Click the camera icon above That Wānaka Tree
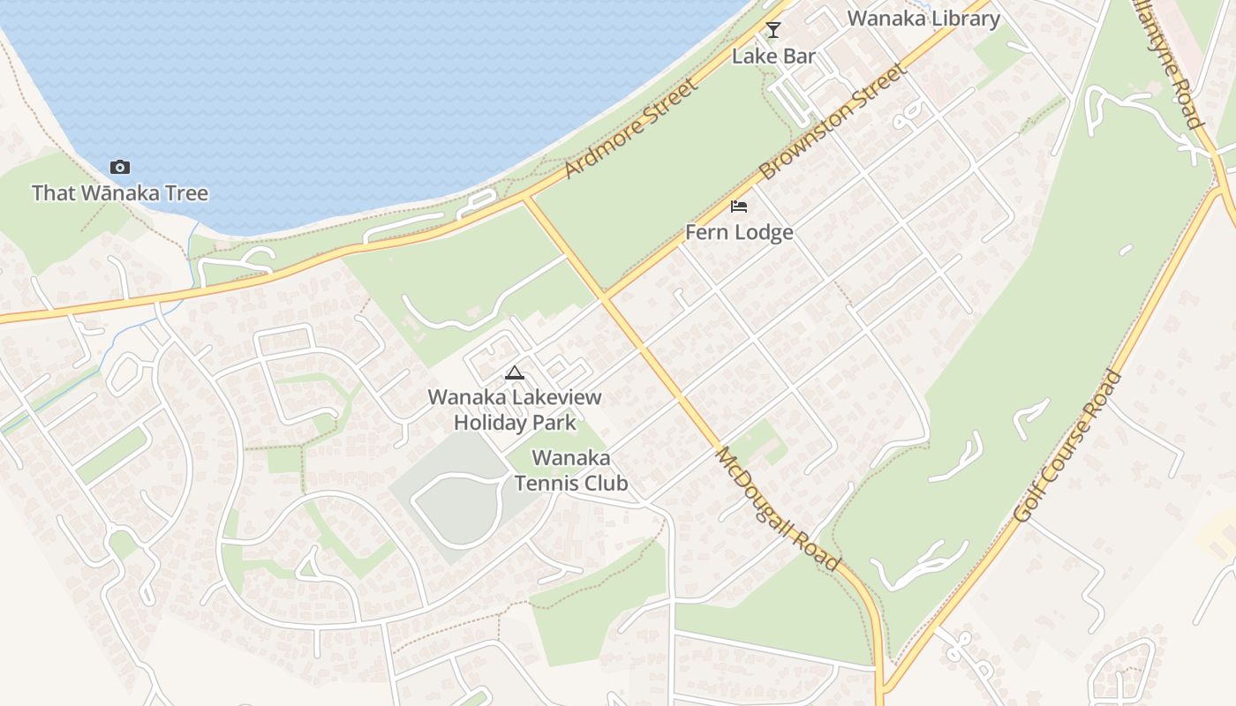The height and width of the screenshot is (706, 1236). click(120, 168)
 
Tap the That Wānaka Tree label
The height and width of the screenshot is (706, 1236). click(120, 193)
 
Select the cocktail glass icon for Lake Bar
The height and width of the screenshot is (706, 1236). click(773, 30)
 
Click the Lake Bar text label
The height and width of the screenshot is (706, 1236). click(773, 56)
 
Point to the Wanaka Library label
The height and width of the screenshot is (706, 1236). click(923, 19)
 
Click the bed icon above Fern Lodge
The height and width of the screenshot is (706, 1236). click(739, 207)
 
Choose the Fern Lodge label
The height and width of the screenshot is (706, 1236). click(739, 232)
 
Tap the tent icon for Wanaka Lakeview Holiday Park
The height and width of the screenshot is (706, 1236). click(515, 372)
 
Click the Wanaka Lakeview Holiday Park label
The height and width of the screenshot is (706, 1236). click(515, 409)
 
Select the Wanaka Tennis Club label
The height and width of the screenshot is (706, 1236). click(571, 470)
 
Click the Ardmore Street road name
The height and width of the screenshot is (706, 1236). click(629, 129)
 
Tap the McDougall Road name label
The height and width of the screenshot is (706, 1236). click(777, 507)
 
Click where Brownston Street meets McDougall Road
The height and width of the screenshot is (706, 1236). click(606, 297)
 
